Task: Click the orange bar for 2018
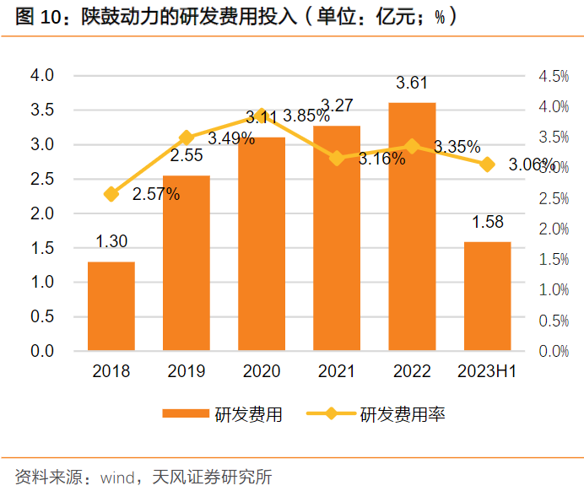point(111,305)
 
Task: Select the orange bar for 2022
point(412,226)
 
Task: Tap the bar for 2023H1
point(487,296)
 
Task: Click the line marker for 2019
point(187,138)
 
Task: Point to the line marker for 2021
point(337,158)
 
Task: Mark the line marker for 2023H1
point(487,164)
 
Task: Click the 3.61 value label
point(412,83)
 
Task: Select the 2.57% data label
point(156,195)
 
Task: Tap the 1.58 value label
point(487,222)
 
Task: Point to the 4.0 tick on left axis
point(42,76)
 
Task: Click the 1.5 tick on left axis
point(42,248)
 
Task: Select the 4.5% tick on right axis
point(554,77)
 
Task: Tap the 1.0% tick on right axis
point(554,290)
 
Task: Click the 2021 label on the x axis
point(337,371)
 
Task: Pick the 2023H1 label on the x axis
point(487,371)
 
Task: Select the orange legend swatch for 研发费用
point(185,413)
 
